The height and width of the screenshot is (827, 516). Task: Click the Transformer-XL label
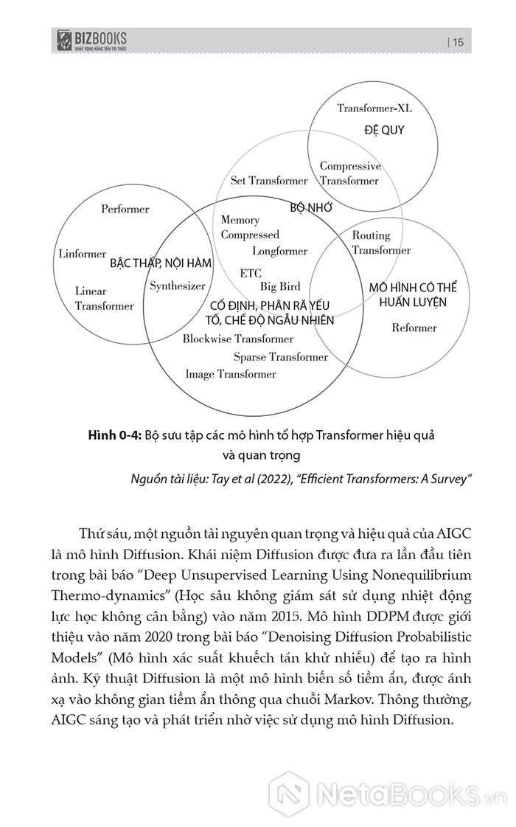tap(374, 108)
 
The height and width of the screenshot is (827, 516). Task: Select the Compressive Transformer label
tap(350, 173)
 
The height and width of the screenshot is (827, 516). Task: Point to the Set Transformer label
tap(269, 181)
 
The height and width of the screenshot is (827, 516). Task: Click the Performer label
tap(125, 210)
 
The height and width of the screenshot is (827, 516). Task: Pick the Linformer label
tap(82, 254)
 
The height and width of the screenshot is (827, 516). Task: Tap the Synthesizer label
tap(177, 286)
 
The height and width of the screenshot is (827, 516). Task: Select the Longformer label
tap(280, 252)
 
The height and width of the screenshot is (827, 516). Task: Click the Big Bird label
tap(280, 286)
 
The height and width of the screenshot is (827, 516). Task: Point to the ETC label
tap(251, 273)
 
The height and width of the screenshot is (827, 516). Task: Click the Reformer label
tap(414, 328)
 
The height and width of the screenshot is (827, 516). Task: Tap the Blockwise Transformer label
tap(238, 339)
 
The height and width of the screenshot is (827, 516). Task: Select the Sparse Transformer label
tap(281, 357)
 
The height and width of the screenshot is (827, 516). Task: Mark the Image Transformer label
tap(231, 374)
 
